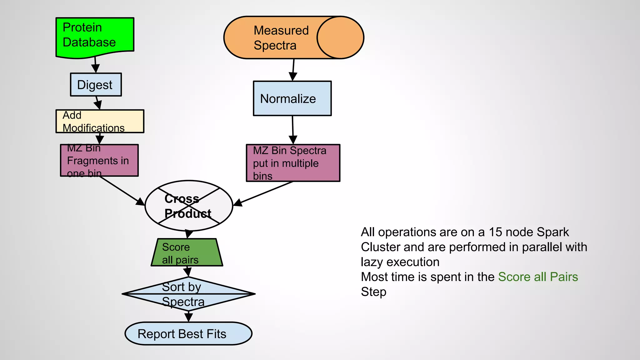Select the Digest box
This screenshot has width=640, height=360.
[96, 85]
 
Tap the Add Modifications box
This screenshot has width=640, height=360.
[100, 121]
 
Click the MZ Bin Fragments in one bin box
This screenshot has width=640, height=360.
[99, 160]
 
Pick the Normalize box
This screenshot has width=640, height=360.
[292, 98]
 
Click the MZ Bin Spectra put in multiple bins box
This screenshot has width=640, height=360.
[293, 163]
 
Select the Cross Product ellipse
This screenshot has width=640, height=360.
[189, 206]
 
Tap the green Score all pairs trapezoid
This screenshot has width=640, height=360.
[187, 252]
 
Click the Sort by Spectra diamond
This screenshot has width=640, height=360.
[188, 294]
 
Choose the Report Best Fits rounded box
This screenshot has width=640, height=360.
[188, 334]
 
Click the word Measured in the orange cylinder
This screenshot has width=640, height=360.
[281, 30]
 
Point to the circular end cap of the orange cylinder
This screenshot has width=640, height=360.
[340, 37]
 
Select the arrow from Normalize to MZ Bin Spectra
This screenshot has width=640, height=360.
[293, 130]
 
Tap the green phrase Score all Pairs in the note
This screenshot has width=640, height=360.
[537, 277]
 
